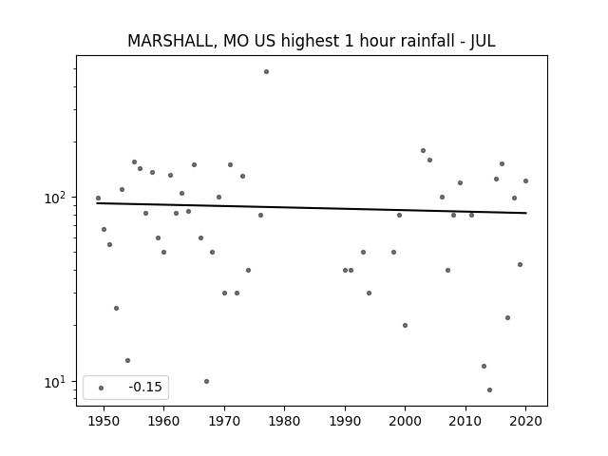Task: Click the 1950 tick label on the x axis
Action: [x=104, y=421]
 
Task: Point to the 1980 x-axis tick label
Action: [x=284, y=421]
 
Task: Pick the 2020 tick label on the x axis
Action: [x=525, y=421]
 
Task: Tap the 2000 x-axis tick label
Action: [x=405, y=421]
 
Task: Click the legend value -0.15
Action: [x=145, y=387]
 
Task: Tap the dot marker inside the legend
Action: [x=102, y=388]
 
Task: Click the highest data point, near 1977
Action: [x=266, y=72]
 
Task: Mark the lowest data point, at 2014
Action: [x=490, y=389]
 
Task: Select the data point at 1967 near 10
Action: [x=206, y=381]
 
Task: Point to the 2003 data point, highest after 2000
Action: [x=423, y=150]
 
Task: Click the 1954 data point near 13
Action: [x=127, y=360]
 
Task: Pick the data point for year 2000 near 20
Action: [x=406, y=325]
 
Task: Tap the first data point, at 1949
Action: [x=98, y=199]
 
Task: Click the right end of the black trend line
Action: [x=526, y=213]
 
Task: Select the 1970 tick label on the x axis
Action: [x=224, y=421]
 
